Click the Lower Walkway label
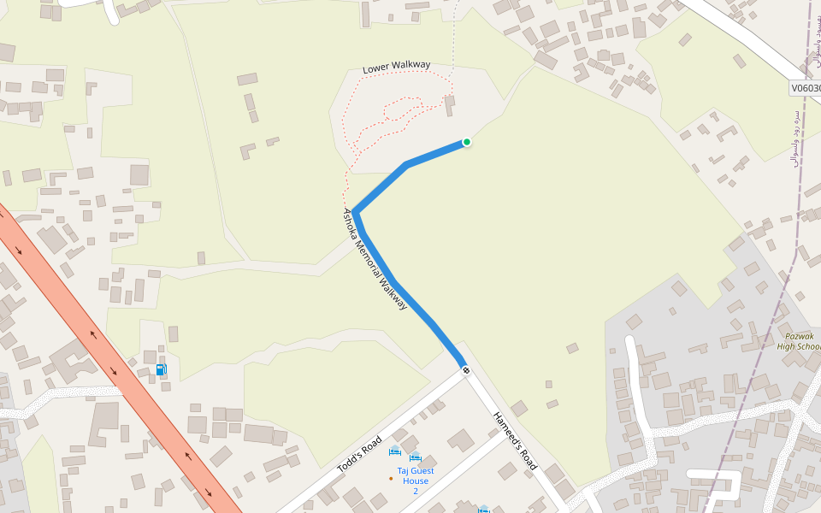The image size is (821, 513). point(396,67)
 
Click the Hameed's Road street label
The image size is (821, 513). point(515,441)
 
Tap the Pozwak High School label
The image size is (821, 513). point(799,340)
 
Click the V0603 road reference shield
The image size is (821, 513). point(806,88)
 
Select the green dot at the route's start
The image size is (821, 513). point(467,142)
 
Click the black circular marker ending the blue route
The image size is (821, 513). point(466,370)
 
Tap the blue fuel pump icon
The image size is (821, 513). point(161,369)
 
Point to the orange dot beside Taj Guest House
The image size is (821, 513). point(391,478)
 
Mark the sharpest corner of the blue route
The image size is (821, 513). point(355,211)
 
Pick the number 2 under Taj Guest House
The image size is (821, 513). point(416,491)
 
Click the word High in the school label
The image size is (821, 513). point(787,346)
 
